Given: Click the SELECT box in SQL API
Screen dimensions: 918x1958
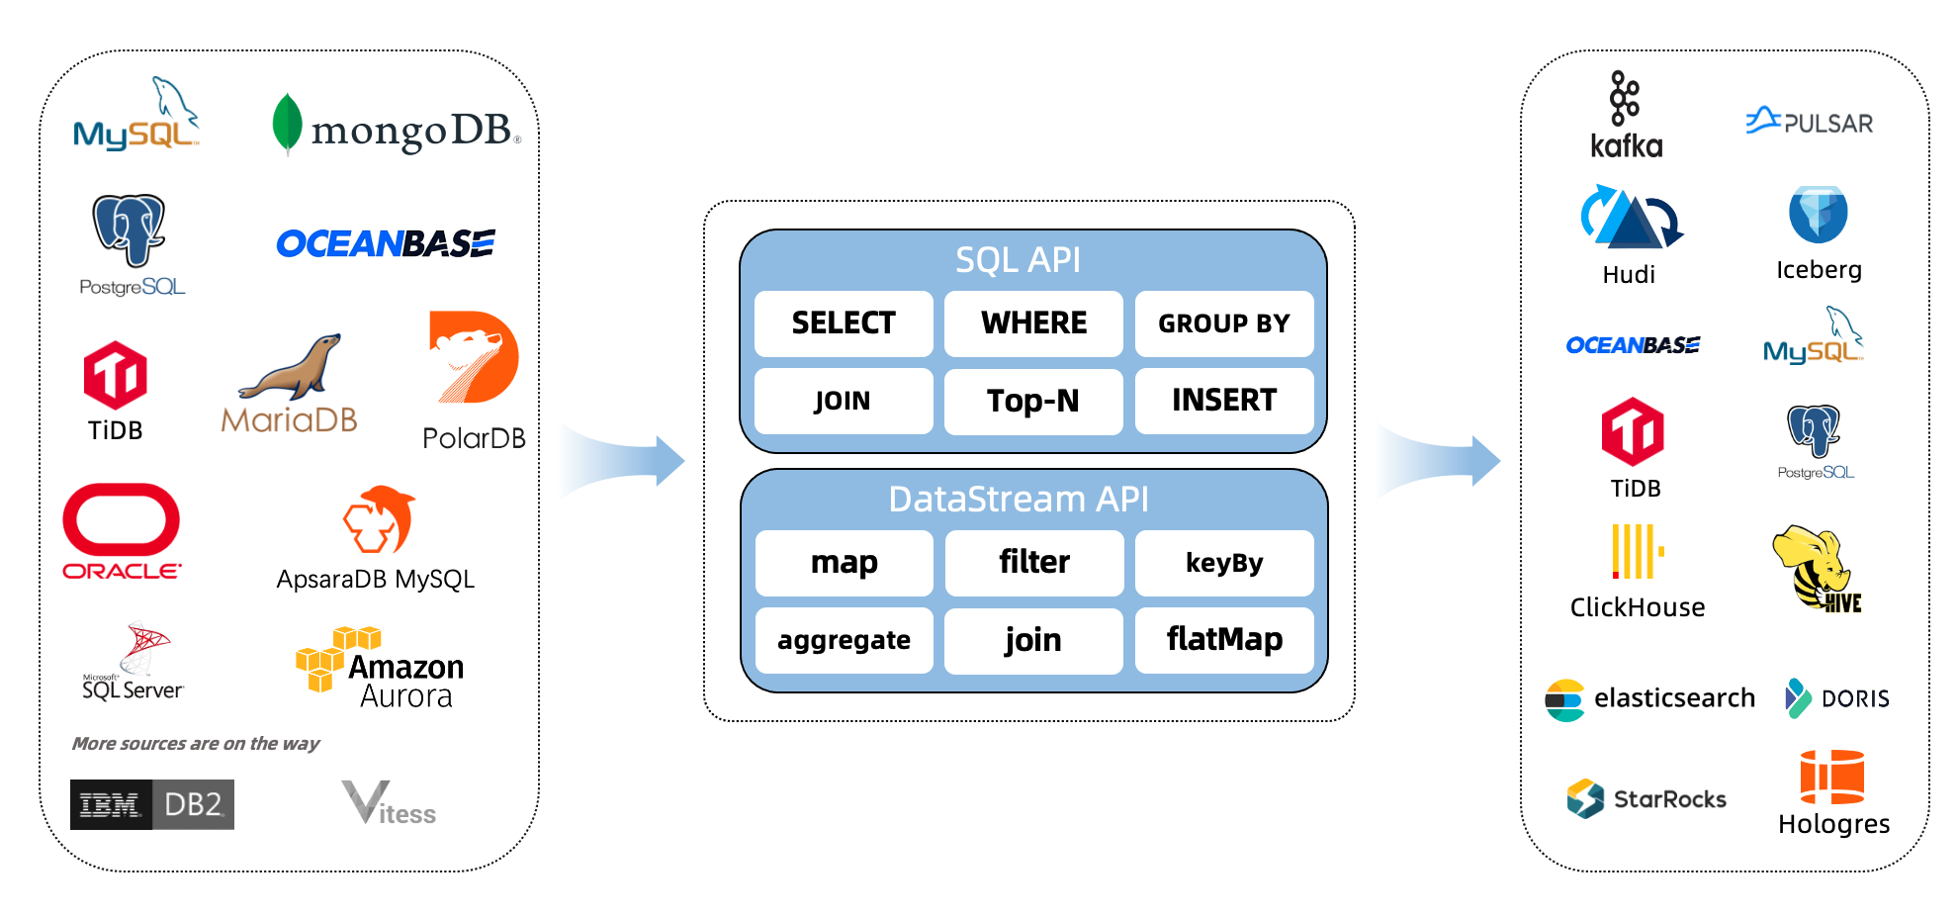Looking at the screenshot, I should click(844, 323).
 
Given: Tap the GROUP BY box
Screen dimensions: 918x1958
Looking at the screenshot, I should click(1224, 323).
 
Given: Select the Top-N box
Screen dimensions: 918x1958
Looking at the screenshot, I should click(1033, 401).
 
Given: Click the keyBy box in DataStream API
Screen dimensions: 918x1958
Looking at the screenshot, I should click(1224, 563).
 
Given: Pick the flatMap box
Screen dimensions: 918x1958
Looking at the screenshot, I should click(1224, 640).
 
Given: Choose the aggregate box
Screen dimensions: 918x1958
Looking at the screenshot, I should click(844, 640).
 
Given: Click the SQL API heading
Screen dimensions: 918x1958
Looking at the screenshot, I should click(1018, 259).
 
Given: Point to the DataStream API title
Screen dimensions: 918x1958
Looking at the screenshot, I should click(1018, 499).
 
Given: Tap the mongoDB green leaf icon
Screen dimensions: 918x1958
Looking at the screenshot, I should click(287, 124).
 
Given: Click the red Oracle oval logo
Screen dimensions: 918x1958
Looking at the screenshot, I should click(121, 519).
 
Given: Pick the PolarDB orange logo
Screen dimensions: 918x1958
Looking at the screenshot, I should click(474, 357).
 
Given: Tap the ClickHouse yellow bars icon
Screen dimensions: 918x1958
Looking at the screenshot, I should click(1637, 551).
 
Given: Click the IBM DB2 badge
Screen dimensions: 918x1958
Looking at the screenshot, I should click(152, 804).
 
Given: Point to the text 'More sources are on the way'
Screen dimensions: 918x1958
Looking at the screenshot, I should click(196, 743).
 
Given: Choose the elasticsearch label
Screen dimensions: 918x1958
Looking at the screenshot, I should click(1673, 698).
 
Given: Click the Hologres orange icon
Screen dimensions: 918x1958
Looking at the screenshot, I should click(1831, 777).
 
